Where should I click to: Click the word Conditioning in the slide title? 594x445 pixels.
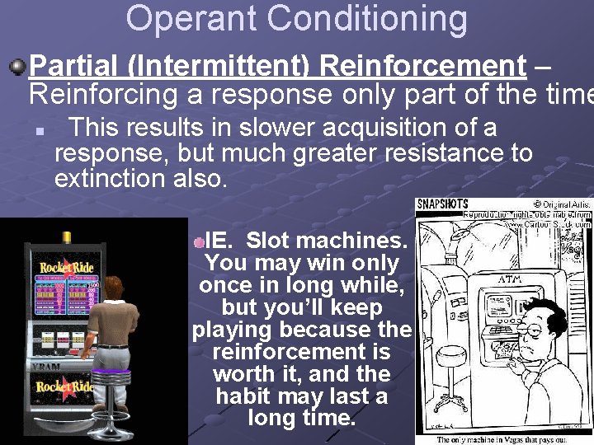[372, 20]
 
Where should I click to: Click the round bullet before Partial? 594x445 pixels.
[16, 65]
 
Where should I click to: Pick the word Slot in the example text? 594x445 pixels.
[267, 241]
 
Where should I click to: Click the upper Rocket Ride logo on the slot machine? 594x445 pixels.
[66, 268]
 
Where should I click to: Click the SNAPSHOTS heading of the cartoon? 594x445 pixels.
[443, 204]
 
